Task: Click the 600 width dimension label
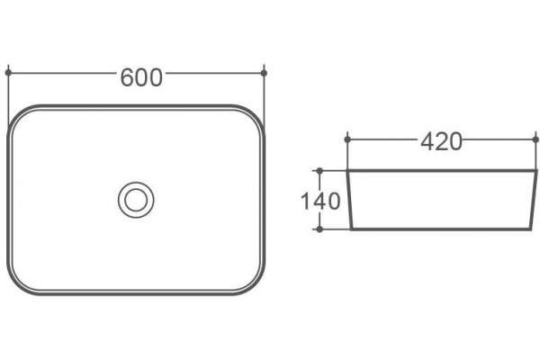141,77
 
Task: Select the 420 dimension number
441,141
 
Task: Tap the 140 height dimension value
320,201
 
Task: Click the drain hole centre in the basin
136,200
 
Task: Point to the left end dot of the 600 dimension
9,73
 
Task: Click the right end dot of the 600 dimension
264,73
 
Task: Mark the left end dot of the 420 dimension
347,139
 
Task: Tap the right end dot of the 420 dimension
535,139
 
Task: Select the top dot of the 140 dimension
319,170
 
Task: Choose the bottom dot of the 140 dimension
319,229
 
